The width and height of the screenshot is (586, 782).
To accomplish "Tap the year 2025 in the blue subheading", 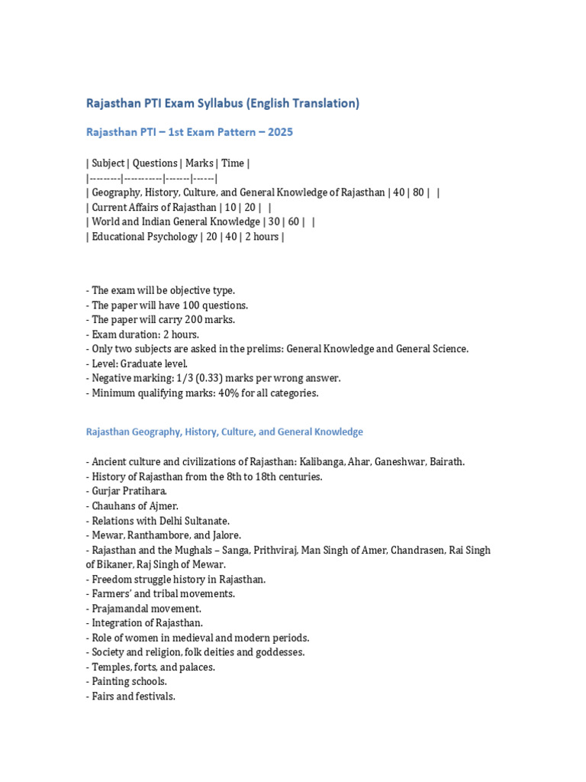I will point(279,132).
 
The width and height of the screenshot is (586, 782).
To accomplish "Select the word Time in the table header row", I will point(233,163).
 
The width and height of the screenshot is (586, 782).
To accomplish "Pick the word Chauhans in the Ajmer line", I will point(114,506).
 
